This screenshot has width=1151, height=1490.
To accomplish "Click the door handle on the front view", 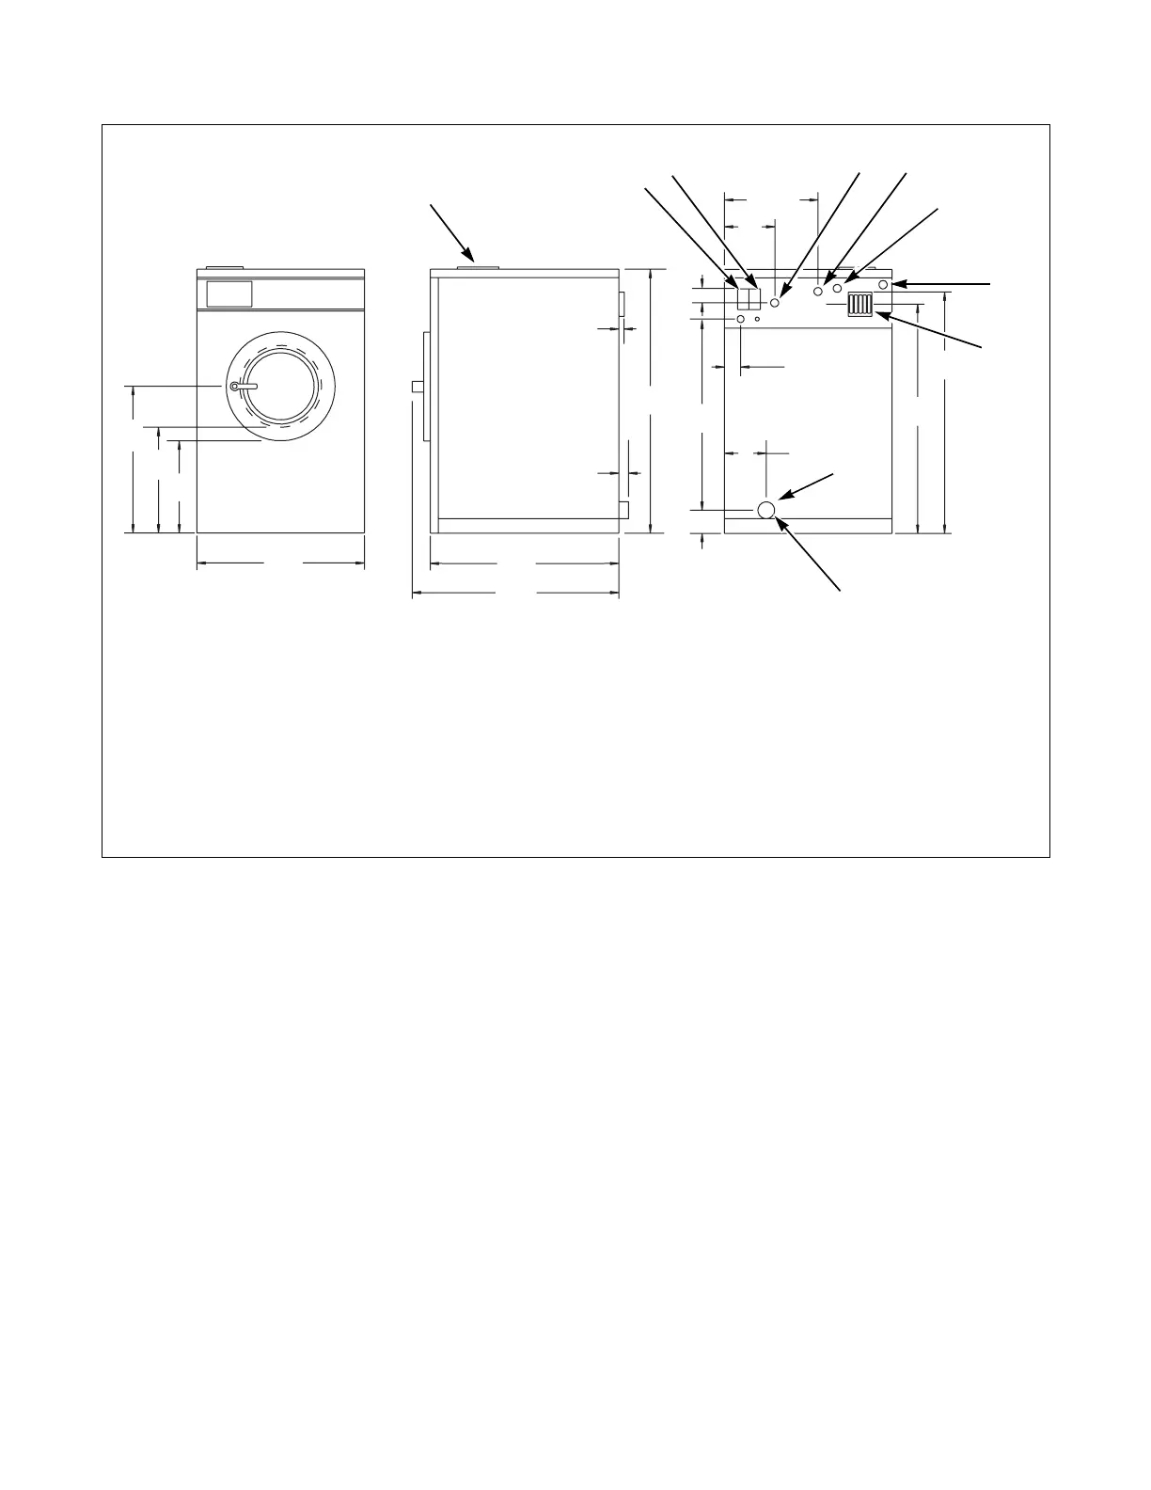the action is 244,387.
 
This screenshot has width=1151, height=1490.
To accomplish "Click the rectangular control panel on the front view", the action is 229,293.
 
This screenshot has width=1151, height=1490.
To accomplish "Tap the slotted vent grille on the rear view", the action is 860,305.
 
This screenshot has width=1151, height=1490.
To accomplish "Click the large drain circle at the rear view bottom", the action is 766,510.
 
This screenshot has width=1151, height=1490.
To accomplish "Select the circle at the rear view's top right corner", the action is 883,283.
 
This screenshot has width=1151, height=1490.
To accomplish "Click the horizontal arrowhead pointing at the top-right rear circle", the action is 896,283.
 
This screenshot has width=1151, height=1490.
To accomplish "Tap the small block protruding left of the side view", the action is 416,386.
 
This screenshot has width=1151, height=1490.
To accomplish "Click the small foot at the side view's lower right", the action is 623,510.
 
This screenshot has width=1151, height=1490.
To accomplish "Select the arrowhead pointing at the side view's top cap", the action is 471,255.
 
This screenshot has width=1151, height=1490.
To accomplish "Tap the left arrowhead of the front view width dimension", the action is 200,564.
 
